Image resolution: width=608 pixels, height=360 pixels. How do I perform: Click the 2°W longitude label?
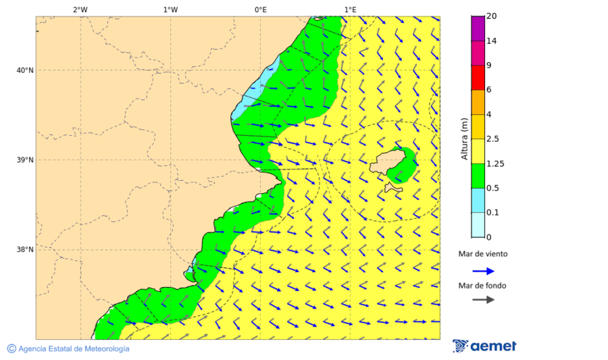[80, 9]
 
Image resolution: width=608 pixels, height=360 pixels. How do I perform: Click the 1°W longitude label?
[170, 9]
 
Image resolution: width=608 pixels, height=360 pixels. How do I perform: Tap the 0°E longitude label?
[260, 9]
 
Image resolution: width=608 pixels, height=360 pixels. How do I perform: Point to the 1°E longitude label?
[350, 9]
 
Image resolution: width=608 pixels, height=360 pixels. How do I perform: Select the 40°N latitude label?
[25, 70]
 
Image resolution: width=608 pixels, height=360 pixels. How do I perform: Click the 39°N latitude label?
[25, 160]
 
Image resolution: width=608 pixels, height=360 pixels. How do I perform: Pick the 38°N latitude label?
[25, 250]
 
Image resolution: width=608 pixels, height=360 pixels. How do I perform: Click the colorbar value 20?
[492, 16]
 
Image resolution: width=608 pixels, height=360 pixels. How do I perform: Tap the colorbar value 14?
[492, 41]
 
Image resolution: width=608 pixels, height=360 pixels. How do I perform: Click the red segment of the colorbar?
[478, 78]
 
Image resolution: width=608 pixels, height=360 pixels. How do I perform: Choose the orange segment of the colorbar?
[478, 102]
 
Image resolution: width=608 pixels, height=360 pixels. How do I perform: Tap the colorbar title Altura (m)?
[464, 139]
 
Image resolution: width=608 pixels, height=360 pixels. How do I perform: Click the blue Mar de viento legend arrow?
[483, 271]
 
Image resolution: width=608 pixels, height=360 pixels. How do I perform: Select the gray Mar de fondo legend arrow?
[483, 300]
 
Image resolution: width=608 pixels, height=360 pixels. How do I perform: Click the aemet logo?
[484, 346]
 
